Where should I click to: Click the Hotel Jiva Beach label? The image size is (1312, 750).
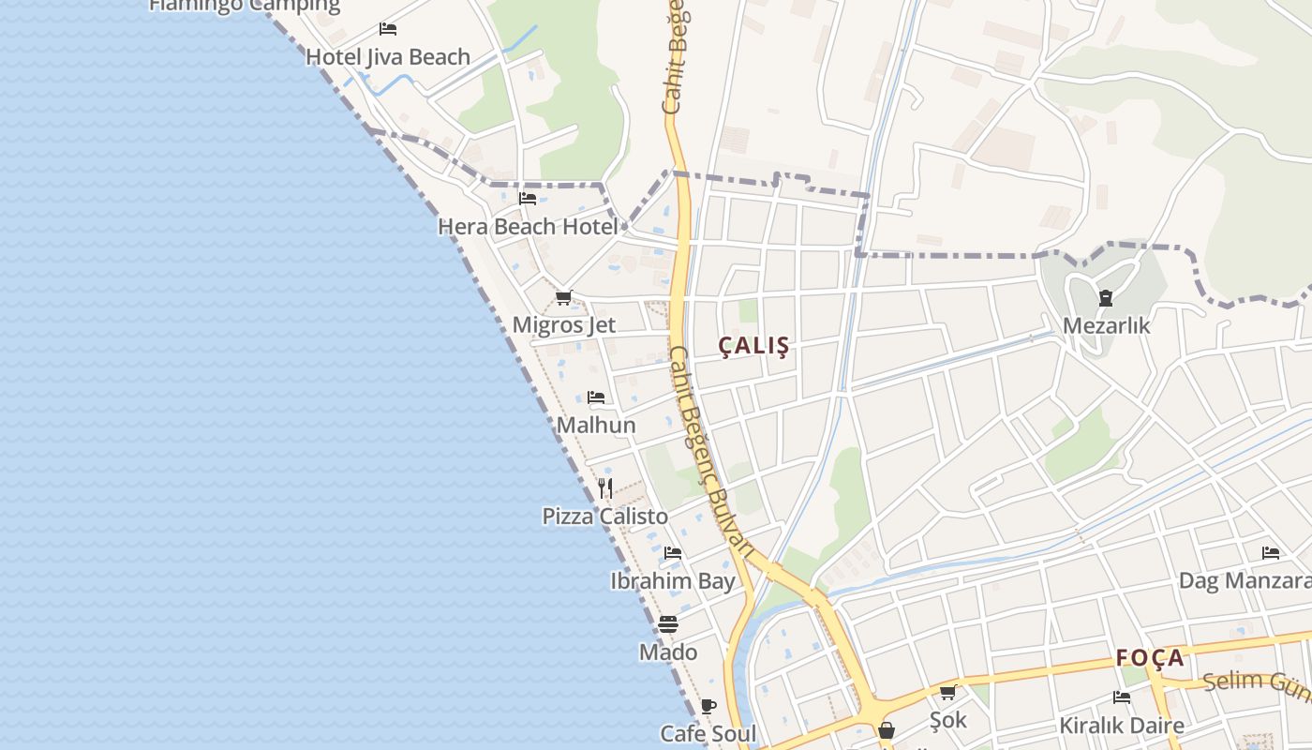pyautogui.click(x=388, y=57)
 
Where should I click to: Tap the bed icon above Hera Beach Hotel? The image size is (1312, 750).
pyautogui.click(x=528, y=199)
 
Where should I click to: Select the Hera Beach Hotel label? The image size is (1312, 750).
pyautogui.click(x=529, y=227)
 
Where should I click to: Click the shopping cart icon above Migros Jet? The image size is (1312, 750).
pyautogui.click(x=563, y=298)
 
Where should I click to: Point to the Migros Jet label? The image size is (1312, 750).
pyautogui.click(x=563, y=325)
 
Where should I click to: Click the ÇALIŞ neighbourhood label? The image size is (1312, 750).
pyautogui.click(x=753, y=346)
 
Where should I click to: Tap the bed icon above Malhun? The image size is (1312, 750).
pyautogui.click(x=596, y=397)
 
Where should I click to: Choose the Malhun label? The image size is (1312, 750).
pyautogui.click(x=596, y=426)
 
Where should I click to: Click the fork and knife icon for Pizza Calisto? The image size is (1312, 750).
pyautogui.click(x=605, y=488)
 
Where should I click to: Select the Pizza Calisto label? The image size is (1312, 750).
pyautogui.click(x=605, y=517)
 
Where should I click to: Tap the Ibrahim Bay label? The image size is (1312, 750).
pyautogui.click(x=673, y=581)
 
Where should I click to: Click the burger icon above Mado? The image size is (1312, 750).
pyautogui.click(x=668, y=623)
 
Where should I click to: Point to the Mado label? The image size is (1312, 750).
pyautogui.click(x=668, y=652)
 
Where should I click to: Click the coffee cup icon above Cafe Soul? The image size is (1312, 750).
pyautogui.click(x=708, y=706)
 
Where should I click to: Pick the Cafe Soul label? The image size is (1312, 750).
pyautogui.click(x=708, y=733)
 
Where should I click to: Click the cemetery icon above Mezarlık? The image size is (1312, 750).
pyautogui.click(x=1106, y=299)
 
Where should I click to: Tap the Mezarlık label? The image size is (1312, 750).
pyautogui.click(x=1106, y=326)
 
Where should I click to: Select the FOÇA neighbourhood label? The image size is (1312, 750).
pyautogui.click(x=1151, y=658)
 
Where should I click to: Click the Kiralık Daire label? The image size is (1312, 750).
pyautogui.click(x=1122, y=726)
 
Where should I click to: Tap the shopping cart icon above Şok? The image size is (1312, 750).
pyautogui.click(x=947, y=693)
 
